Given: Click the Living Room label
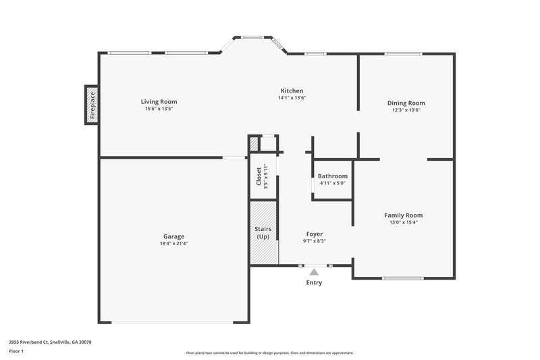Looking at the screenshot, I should [159, 102].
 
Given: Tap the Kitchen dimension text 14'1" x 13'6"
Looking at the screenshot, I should [292, 98].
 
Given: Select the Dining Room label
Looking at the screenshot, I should [406, 103].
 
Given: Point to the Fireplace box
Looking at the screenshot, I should [92, 105].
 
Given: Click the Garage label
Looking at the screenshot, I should [173, 236].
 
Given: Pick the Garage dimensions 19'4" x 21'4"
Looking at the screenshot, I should [173, 243].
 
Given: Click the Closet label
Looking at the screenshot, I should [259, 176].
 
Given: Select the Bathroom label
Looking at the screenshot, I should [332, 176].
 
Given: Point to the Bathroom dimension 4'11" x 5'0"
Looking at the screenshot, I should [332, 183].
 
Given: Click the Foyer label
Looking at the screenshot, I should [314, 234].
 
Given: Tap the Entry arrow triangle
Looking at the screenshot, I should [314, 272].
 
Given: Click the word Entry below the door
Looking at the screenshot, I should [314, 282].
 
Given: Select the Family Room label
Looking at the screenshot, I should [404, 215].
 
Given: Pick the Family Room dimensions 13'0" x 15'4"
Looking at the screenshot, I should [404, 222].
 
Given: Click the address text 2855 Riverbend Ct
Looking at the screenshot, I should [50, 342].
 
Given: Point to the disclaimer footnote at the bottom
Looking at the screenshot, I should [269, 353].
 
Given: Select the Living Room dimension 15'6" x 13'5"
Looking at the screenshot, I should [159, 109].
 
